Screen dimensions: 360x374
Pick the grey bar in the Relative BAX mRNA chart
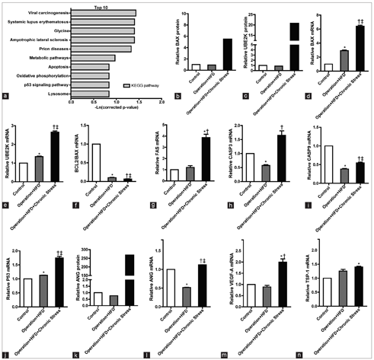click(344, 60)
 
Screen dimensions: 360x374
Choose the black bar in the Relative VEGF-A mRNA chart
click(283, 284)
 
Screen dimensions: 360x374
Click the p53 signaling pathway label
click(45, 84)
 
